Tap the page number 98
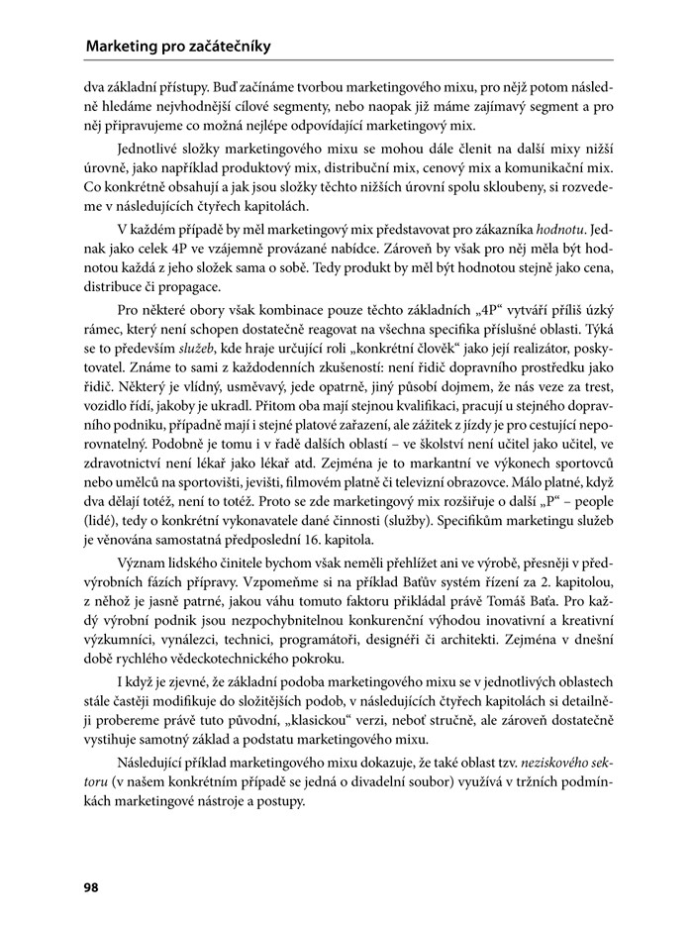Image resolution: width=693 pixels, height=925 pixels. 91,887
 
